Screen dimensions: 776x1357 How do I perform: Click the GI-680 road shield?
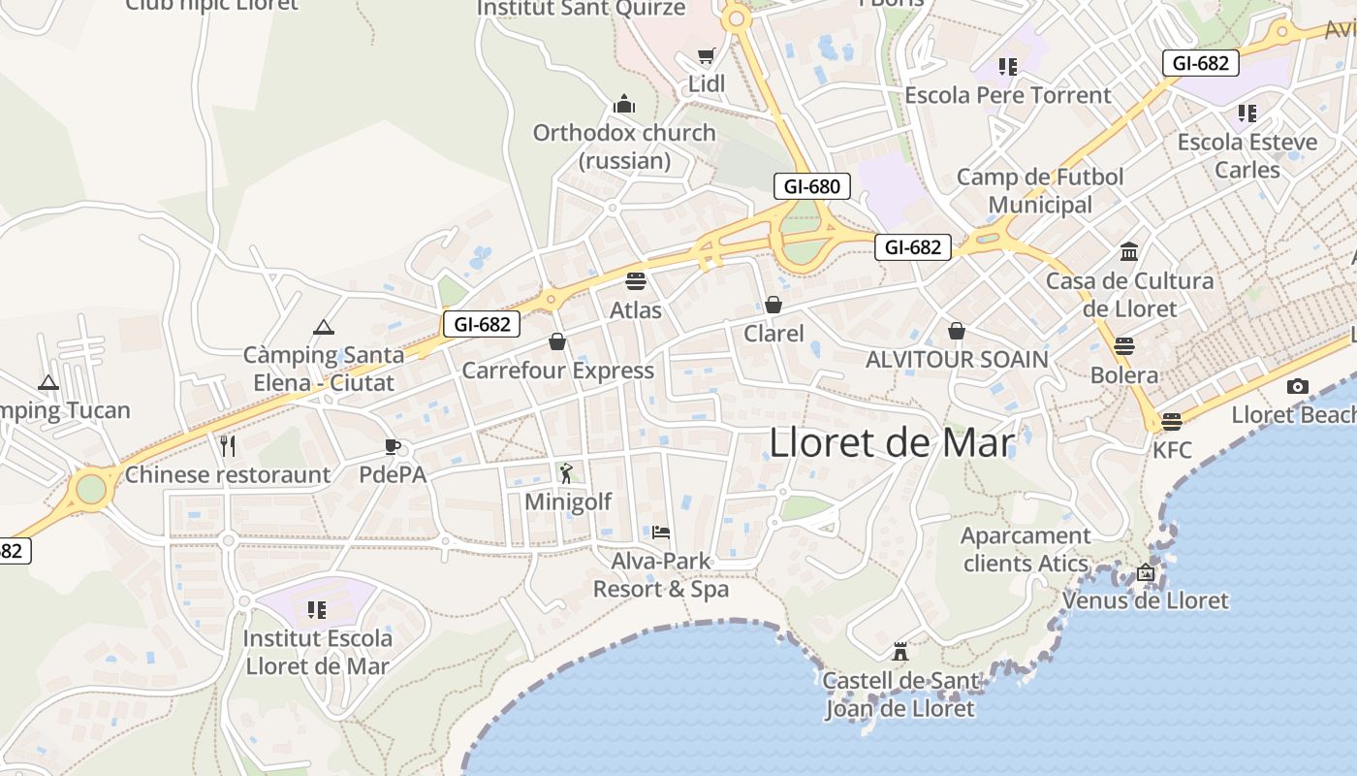pos(811,186)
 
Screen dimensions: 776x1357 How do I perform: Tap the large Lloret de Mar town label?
pos(892,443)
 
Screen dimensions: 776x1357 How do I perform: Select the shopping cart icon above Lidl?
pos(707,56)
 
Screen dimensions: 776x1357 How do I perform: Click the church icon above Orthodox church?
pos(624,104)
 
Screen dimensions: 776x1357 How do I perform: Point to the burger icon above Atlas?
pos(636,281)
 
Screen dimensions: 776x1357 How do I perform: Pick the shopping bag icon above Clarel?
pos(773,305)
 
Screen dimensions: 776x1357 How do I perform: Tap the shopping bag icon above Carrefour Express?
pos(557,341)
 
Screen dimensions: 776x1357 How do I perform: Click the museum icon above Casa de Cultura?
pos(1129,252)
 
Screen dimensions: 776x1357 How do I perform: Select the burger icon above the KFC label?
pos(1172,422)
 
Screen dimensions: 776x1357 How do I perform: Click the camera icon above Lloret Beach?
pos(1298,386)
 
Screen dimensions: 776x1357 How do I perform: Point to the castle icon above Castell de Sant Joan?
pos(900,651)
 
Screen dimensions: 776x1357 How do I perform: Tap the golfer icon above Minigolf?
pos(567,473)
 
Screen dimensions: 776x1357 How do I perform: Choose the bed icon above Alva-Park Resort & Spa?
pos(661,532)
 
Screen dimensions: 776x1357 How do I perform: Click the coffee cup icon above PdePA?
pos(392,446)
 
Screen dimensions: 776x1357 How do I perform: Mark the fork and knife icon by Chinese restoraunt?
pos(228,446)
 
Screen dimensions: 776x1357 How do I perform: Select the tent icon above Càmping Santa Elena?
pos(324,327)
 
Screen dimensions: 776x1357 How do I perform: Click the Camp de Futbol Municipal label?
pos(1040,191)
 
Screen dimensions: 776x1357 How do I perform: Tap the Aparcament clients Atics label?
pos(1026,549)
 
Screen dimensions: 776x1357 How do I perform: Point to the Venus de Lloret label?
pos(1146,600)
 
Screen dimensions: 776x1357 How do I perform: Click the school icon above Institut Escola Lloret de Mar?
pos(316,609)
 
